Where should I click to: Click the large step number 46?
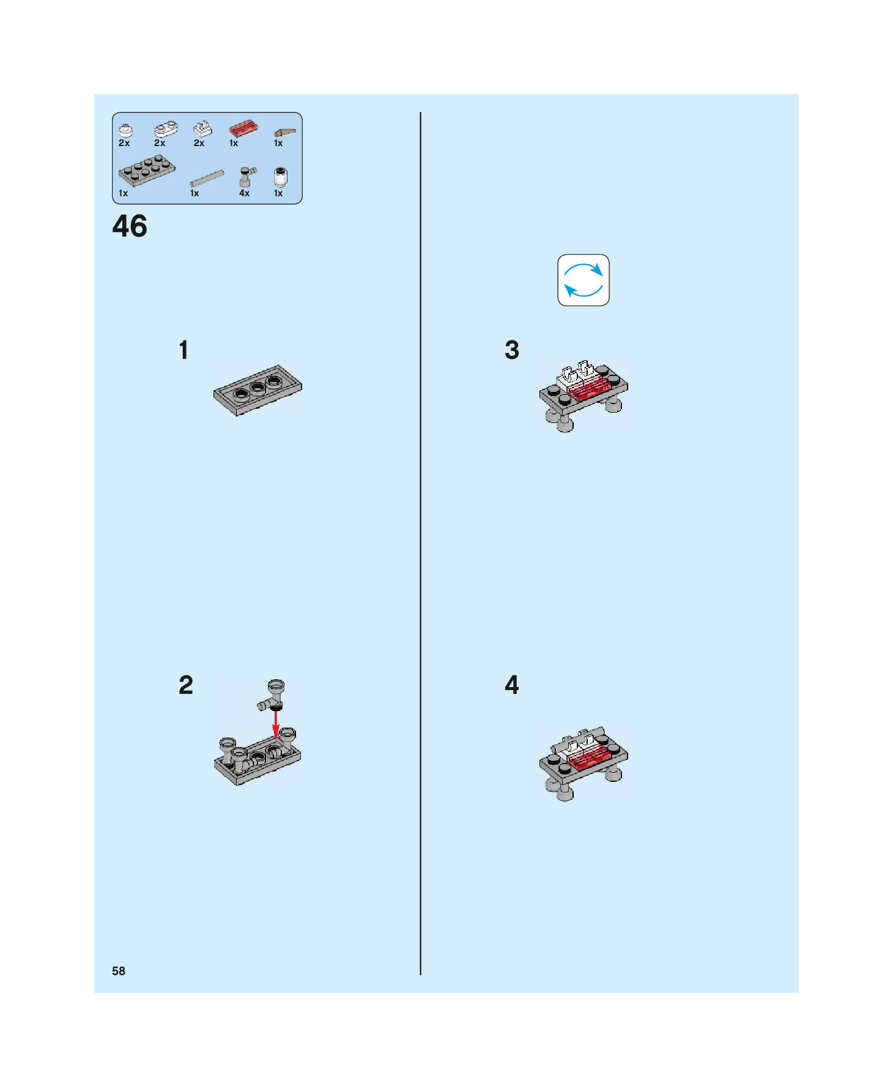130,226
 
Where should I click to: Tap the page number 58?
119,971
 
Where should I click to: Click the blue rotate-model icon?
584,280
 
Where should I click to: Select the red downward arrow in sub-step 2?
276,723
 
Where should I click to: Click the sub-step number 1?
183,350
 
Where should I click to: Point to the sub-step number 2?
186,685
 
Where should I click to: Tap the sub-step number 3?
512,350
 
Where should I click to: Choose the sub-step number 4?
512,685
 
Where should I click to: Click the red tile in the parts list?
243,129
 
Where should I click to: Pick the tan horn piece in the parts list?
285,132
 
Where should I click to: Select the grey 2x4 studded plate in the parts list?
147,172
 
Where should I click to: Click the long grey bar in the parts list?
207,179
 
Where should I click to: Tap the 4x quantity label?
244,193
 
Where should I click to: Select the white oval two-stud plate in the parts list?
166,129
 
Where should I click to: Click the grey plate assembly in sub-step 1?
258,391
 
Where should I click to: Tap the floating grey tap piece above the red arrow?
273,695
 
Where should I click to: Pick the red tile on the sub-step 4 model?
590,757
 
